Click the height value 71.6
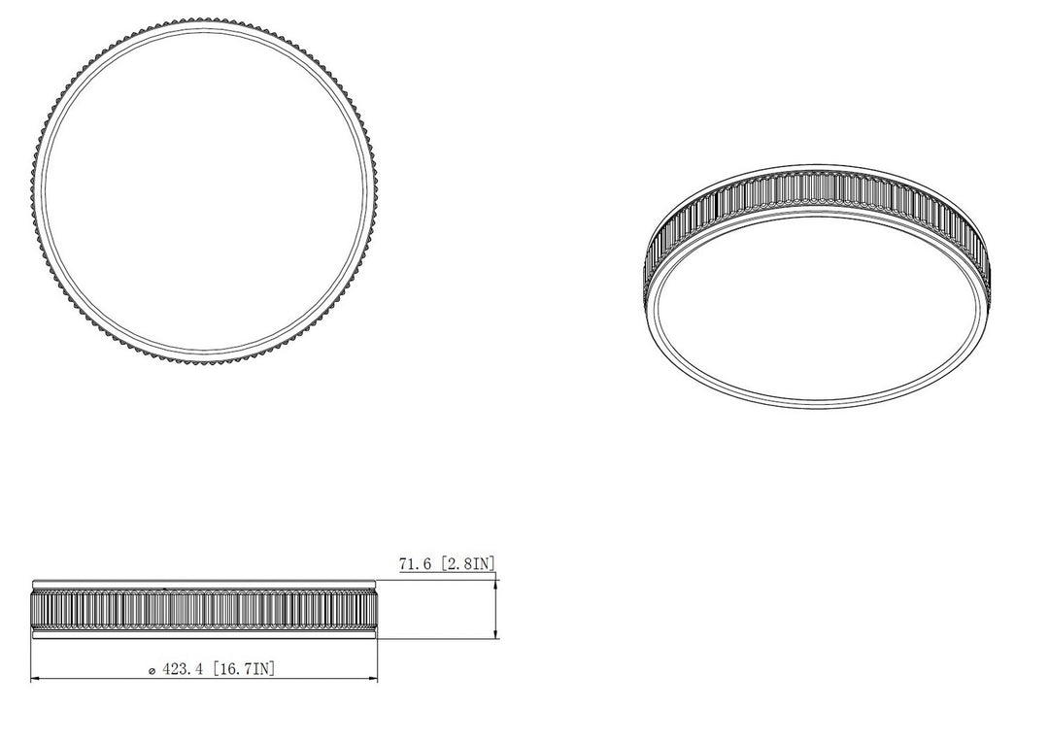(x=414, y=564)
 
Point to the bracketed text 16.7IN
(x=244, y=668)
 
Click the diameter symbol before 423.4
(x=149, y=670)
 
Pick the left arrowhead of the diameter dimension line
(x=36, y=678)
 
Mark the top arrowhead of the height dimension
(x=496, y=583)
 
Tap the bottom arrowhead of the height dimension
(x=496, y=635)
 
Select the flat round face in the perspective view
(x=817, y=310)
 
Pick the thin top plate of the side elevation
(x=204, y=585)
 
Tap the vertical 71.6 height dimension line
(x=496, y=609)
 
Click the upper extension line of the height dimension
(x=437, y=579)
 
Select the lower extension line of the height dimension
(x=437, y=639)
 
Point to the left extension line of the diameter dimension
(x=31, y=660)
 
